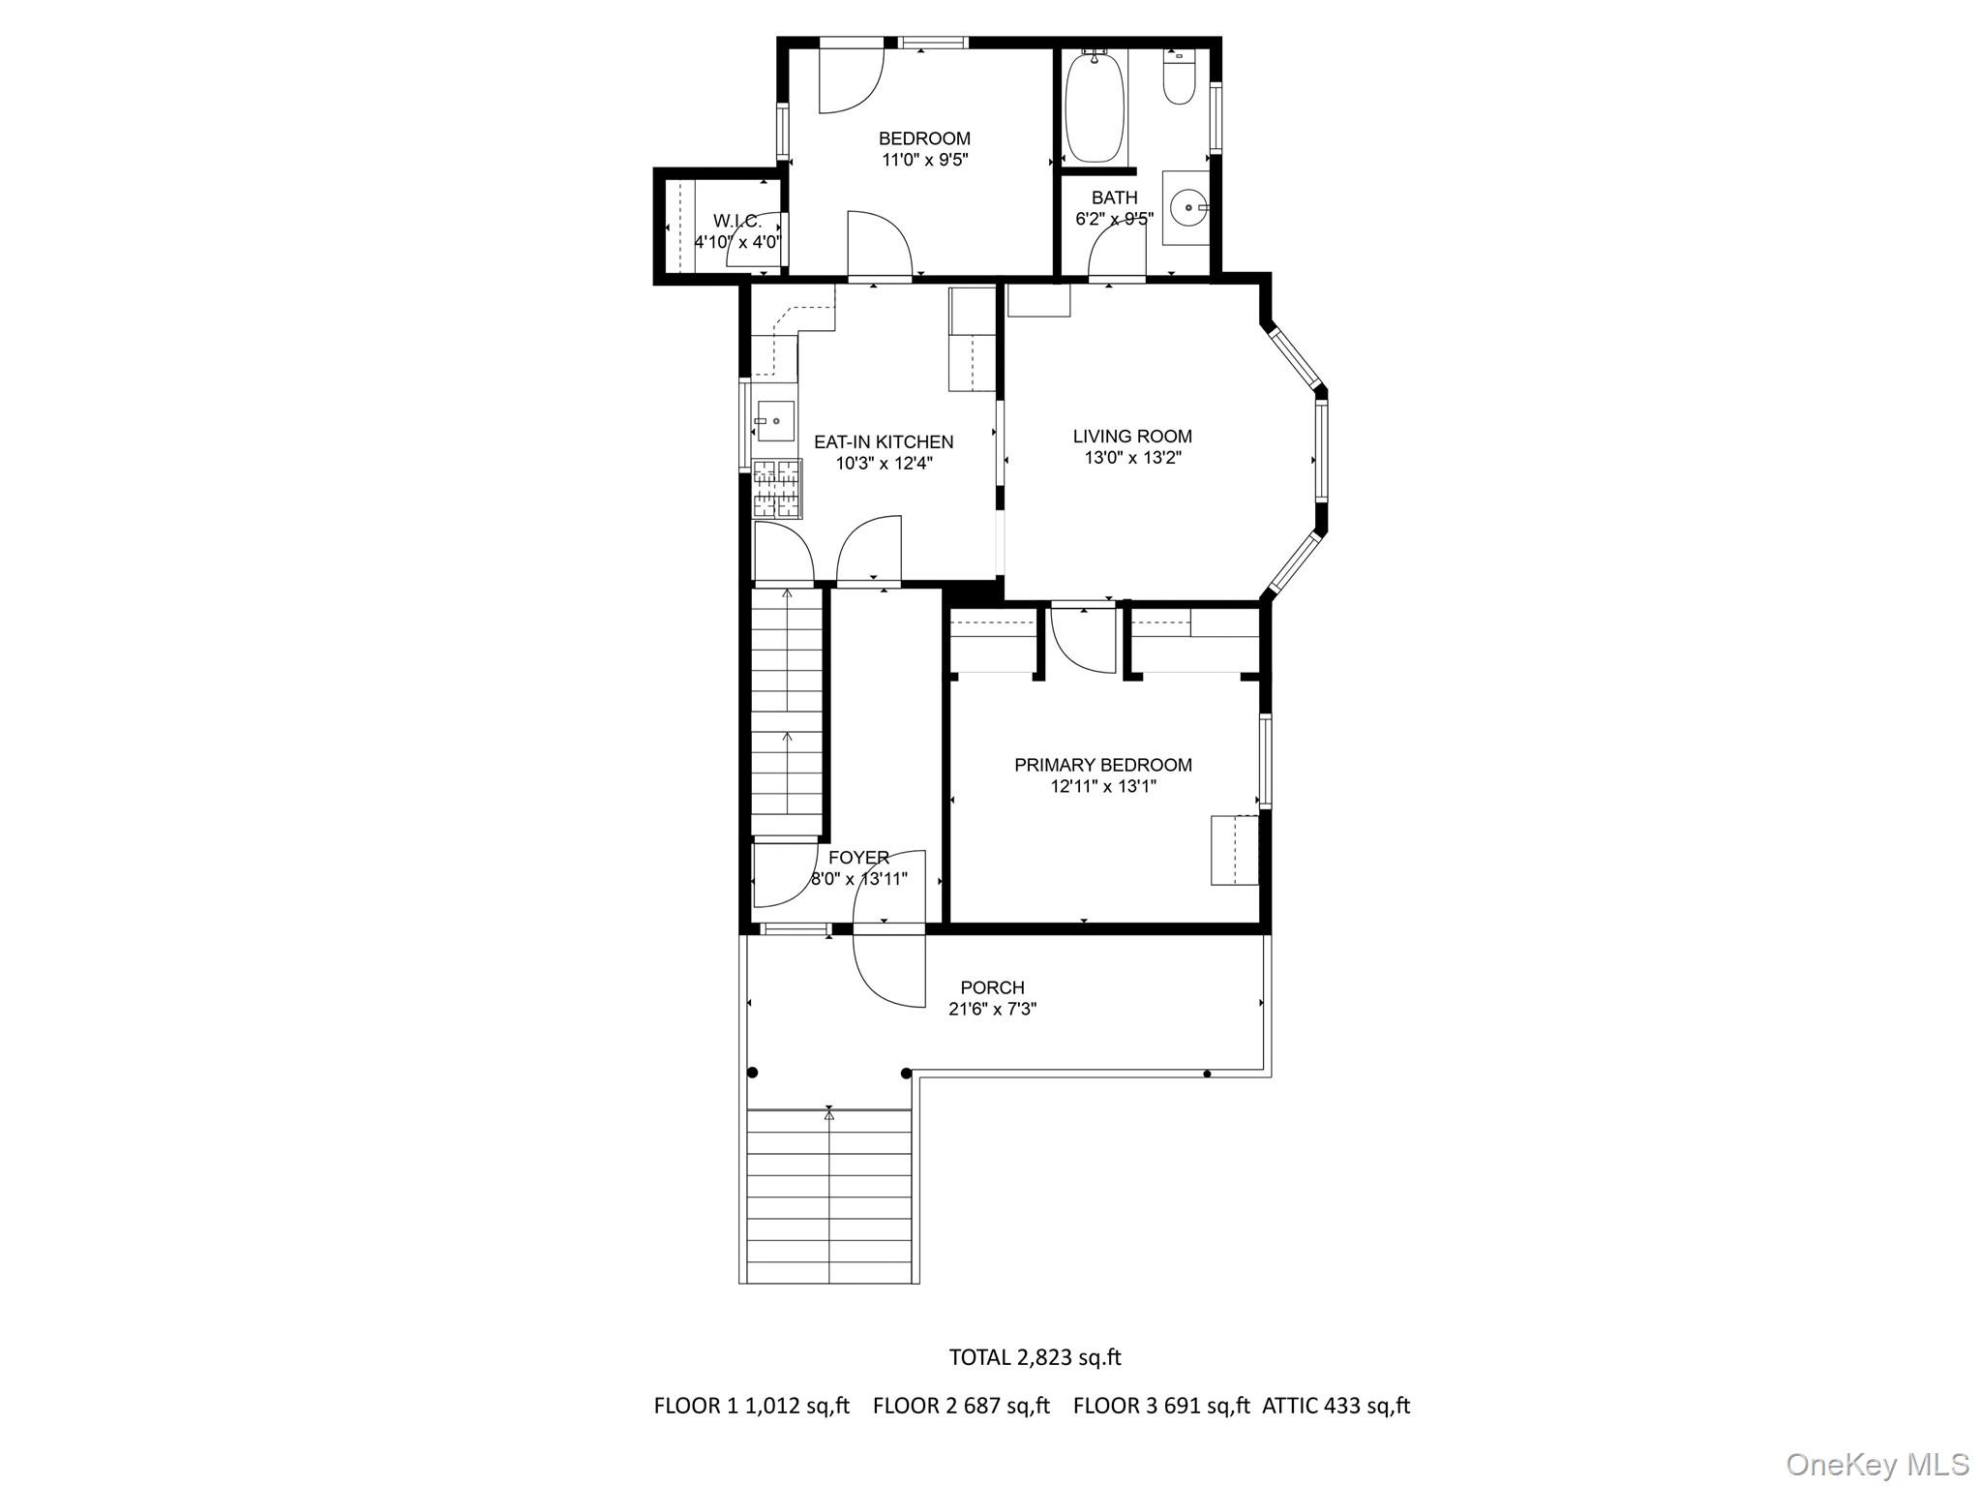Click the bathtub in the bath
(1095, 107)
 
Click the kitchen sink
(775, 421)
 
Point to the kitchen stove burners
(777, 489)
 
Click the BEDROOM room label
(924, 138)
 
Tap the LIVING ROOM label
(1132, 437)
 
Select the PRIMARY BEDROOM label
(1102, 765)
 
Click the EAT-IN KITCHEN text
(884, 442)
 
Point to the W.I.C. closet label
(737, 222)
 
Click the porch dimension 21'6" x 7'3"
(992, 1009)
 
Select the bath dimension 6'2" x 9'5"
(1114, 219)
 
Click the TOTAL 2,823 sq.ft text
(1035, 1357)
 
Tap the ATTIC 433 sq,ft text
(1336, 1406)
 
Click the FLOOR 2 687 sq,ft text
(960, 1406)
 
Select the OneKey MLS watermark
(1876, 1465)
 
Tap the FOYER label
(858, 858)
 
